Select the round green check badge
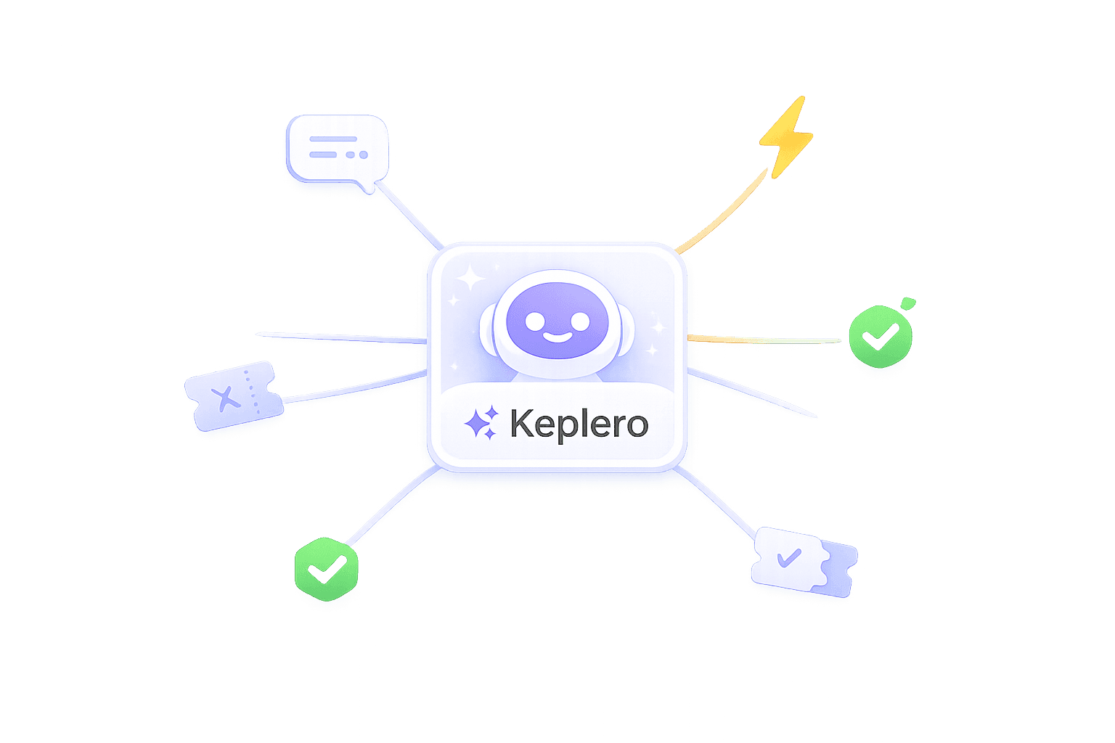[x=880, y=338]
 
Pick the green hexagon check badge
[x=327, y=569]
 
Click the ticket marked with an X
[x=233, y=396]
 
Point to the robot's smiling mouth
[x=557, y=338]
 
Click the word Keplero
[x=579, y=423]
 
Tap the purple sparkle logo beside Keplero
[x=481, y=422]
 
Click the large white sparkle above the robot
[x=470, y=278]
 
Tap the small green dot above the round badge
[x=907, y=303]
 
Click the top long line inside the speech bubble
[x=333, y=139]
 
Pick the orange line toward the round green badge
[x=762, y=340]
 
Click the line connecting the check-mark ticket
[x=719, y=504]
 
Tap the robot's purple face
[x=557, y=319]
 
